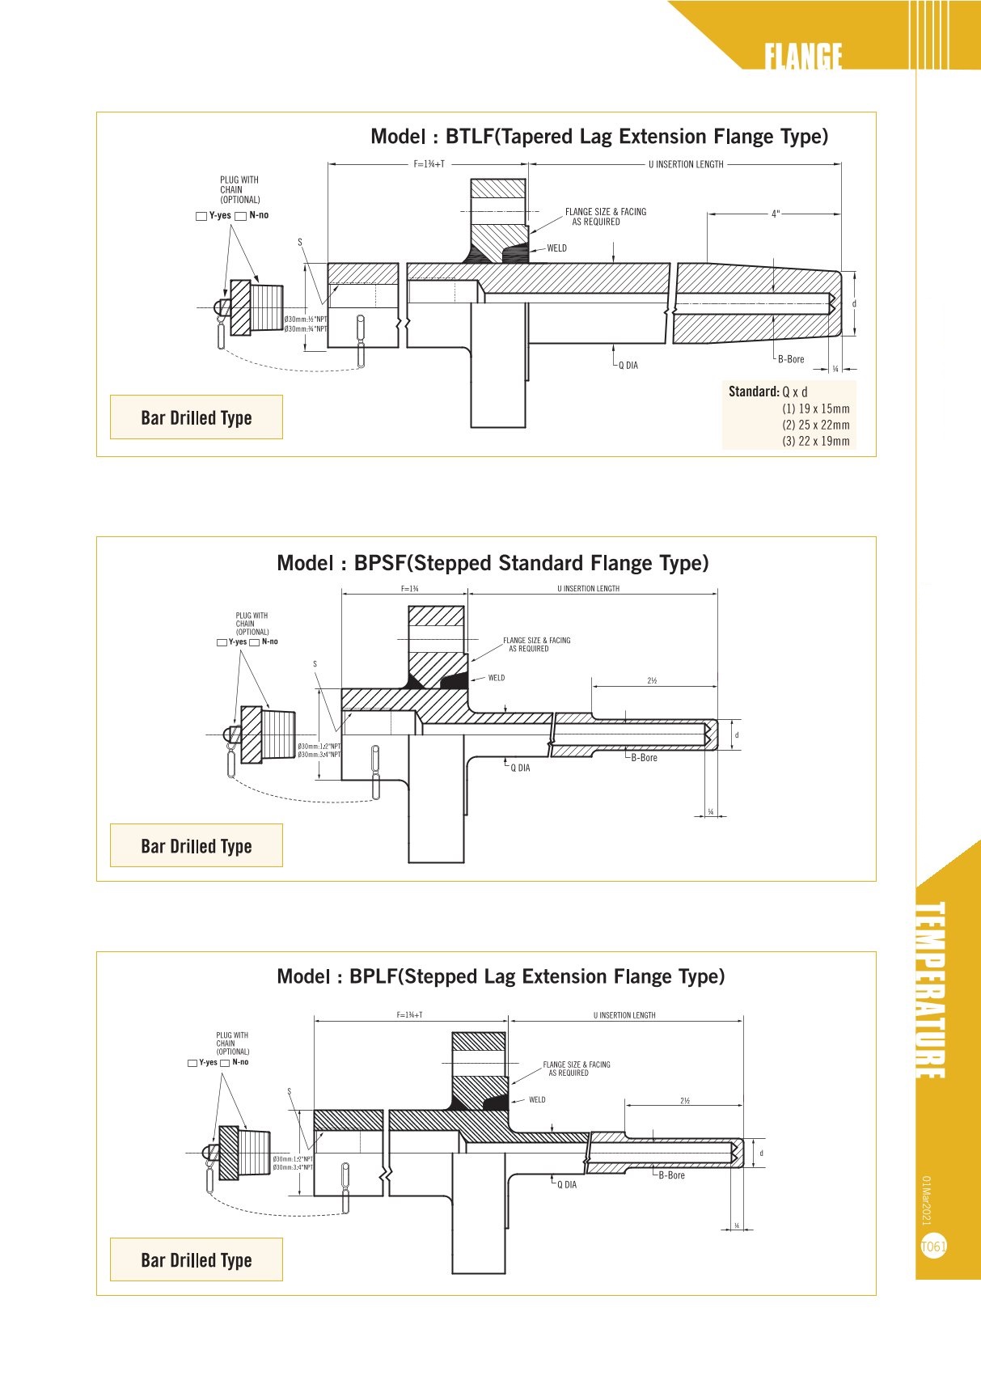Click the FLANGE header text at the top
[803, 57]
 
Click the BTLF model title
[599, 137]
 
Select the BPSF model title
[493, 563]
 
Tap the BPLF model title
[501, 976]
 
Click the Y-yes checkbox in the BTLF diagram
[201, 216]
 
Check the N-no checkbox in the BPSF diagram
[255, 642]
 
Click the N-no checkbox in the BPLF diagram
[225, 1063]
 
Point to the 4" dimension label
[775, 214]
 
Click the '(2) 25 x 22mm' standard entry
[815, 425]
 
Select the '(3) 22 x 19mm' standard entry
[815, 441]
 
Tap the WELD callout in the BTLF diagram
[556, 248]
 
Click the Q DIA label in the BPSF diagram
[520, 768]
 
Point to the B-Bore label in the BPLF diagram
[671, 1175]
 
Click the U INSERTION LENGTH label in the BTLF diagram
[686, 164]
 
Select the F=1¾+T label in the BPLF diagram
[409, 1015]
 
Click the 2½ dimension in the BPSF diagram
[652, 681]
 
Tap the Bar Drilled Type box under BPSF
[197, 845]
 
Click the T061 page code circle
[933, 1247]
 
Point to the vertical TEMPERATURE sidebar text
[930, 990]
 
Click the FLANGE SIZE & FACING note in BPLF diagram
[576, 1069]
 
